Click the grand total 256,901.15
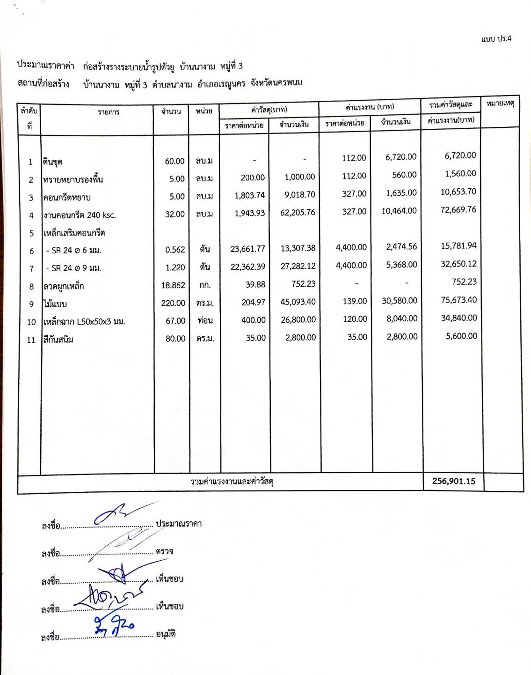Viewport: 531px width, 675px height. [x=453, y=481]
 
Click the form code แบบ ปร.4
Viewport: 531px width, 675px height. [x=496, y=39]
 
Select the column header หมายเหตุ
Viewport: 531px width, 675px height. [x=500, y=103]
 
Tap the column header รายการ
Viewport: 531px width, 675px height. [x=109, y=112]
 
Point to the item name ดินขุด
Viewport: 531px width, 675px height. [x=52, y=162]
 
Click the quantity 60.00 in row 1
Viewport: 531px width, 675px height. [x=175, y=161]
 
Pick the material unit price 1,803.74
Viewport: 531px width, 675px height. [x=249, y=195]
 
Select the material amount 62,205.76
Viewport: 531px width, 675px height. [x=298, y=213]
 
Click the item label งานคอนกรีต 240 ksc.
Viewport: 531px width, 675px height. [x=80, y=215]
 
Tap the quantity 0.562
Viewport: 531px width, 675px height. [x=175, y=250]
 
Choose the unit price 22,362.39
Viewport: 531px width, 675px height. [x=247, y=267]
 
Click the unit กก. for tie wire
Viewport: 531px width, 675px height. [x=204, y=285]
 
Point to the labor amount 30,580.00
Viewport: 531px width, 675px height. [x=399, y=301]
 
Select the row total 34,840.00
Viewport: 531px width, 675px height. [x=459, y=318]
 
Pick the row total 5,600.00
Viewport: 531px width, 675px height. [x=461, y=336]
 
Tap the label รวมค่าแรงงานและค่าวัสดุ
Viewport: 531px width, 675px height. [x=232, y=482]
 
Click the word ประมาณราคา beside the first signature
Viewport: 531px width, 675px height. [x=179, y=524]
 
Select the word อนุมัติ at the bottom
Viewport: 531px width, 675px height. [x=166, y=634]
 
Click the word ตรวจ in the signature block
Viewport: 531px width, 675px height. [x=164, y=551]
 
